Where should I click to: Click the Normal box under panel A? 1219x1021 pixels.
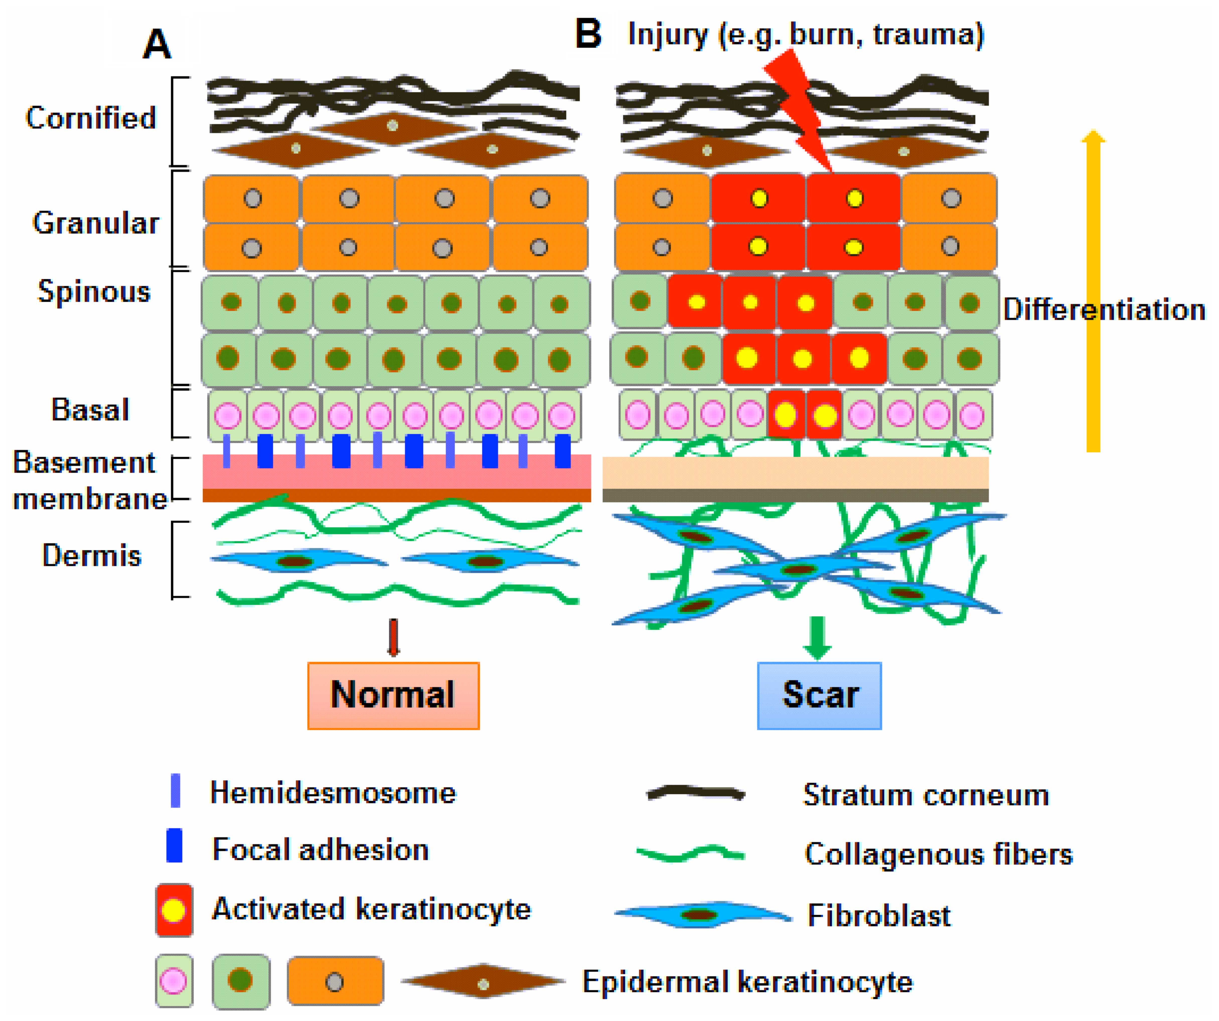(394, 695)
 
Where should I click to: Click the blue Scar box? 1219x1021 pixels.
(819, 695)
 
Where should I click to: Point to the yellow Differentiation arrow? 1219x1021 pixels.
(1093, 290)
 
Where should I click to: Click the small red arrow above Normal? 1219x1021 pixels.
(394, 637)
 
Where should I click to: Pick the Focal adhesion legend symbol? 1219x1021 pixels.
(174, 845)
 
